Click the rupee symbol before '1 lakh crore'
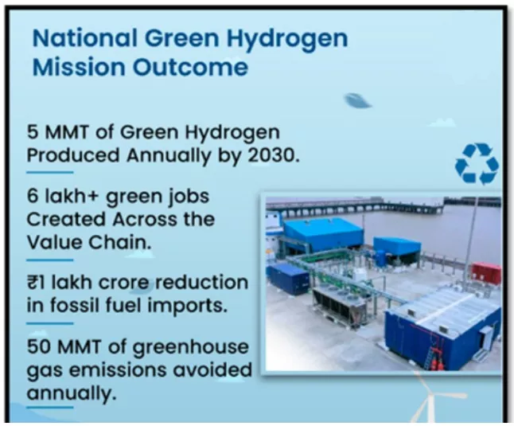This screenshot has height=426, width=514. click(x=33, y=283)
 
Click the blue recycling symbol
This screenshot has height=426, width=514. click(x=476, y=164)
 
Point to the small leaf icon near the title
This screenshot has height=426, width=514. click(x=357, y=100)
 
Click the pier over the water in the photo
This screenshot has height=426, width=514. click(x=358, y=205)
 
